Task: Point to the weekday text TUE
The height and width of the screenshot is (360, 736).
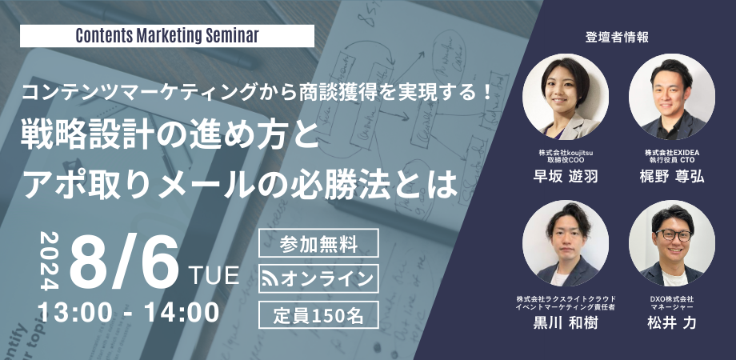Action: (x=214, y=277)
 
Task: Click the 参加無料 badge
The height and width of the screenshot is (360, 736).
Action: (x=318, y=242)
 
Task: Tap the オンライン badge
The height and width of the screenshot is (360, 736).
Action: (x=318, y=278)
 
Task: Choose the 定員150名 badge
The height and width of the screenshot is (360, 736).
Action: (x=318, y=313)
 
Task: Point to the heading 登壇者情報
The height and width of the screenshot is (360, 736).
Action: (x=617, y=36)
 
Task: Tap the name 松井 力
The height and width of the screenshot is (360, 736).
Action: (x=673, y=325)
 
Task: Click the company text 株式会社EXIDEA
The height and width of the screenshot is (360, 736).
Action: (x=673, y=151)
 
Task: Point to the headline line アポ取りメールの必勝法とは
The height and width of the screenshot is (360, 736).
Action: (x=240, y=182)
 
